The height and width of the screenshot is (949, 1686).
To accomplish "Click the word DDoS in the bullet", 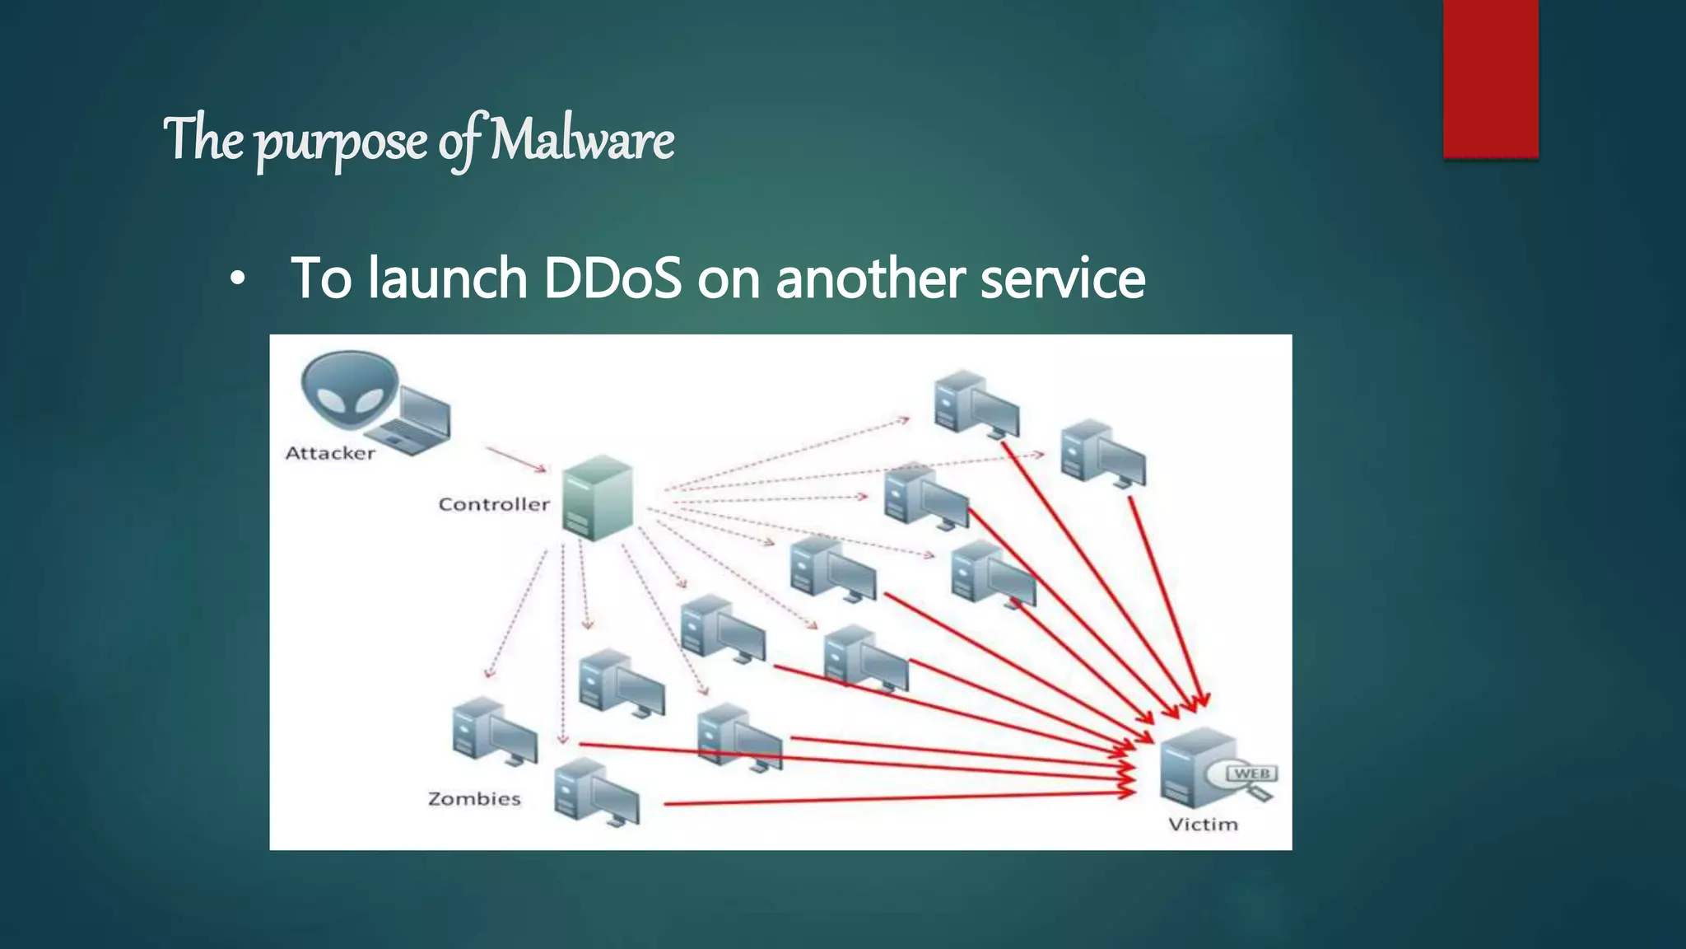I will click(x=612, y=278).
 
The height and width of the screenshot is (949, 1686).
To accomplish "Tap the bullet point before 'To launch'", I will click(x=237, y=281).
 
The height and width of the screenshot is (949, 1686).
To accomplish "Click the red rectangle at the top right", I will click(x=1490, y=78).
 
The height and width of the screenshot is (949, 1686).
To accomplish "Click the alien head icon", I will click(x=349, y=390).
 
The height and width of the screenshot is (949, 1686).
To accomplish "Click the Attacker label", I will click(x=329, y=453).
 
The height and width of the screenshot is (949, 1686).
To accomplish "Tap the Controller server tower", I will click(x=598, y=497).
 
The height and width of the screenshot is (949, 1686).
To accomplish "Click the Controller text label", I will click(x=493, y=504).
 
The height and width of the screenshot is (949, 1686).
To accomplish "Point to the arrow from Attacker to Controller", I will click(x=516, y=460).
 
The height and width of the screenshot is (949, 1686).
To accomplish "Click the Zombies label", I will click(x=474, y=798).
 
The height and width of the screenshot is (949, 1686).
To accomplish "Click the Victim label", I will click(x=1203, y=825).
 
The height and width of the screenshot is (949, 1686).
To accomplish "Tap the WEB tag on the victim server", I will click(x=1252, y=774).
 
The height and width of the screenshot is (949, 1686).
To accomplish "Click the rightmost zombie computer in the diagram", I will click(x=1101, y=452).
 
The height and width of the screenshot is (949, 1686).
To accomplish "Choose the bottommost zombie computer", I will click(x=596, y=792).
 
